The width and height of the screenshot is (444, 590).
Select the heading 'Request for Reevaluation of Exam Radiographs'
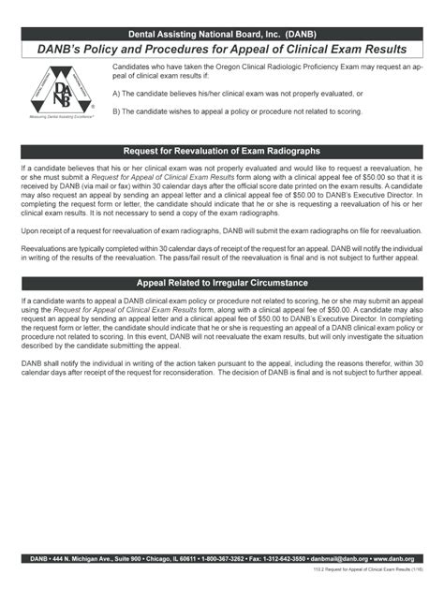pyautogui.click(x=222, y=151)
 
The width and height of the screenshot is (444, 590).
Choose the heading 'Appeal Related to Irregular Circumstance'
pyautogui.click(x=222, y=282)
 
